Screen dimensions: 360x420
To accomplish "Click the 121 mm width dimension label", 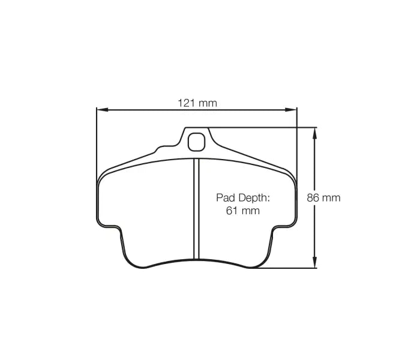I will pos(197,103).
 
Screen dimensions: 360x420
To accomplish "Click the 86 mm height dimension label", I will pos(323,197).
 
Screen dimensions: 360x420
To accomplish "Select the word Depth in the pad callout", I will pos(253,197).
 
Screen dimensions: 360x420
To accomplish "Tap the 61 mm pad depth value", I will pos(242,210).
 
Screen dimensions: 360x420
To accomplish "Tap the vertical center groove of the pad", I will pos(195,210).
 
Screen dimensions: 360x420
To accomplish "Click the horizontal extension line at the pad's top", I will pos(264,128).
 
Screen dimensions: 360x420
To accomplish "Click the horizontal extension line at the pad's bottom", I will pos(282,268).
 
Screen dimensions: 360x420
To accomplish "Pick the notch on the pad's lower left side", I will pos(112,227).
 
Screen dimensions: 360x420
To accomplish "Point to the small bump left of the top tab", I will pos(161,148).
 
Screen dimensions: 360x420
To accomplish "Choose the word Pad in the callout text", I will pos(225,197).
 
